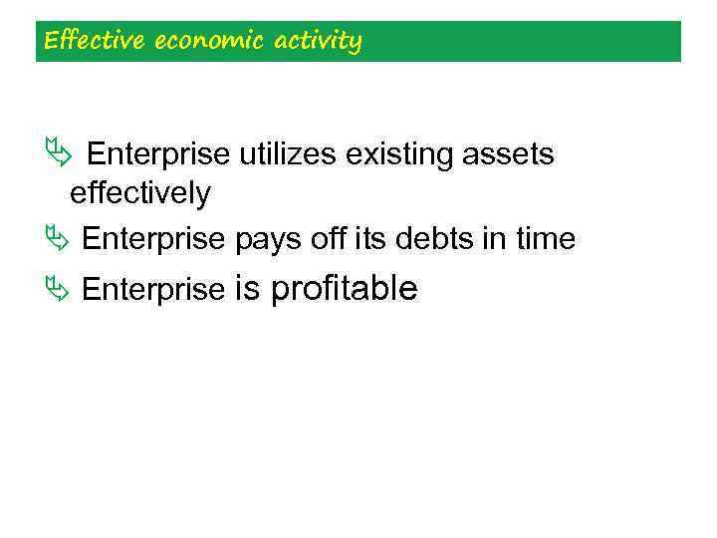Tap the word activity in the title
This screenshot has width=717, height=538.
(313, 42)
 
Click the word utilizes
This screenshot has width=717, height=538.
(289, 154)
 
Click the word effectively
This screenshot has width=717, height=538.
(139, 193)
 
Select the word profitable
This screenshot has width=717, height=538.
(344, 290)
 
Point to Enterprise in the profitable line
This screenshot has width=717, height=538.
(153, 290)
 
